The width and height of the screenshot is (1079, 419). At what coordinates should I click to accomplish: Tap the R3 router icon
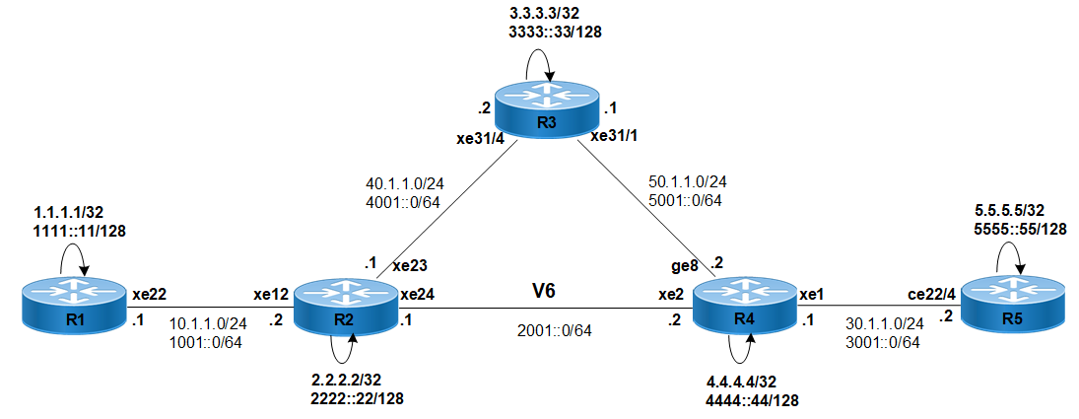tap(547, 109)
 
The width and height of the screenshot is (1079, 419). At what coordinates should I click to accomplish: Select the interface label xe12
tap(271, 294)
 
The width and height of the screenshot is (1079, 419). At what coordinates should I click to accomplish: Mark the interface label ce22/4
tap(933, 293)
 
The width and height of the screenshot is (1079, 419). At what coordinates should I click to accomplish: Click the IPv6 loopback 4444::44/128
tap(753, 399)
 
